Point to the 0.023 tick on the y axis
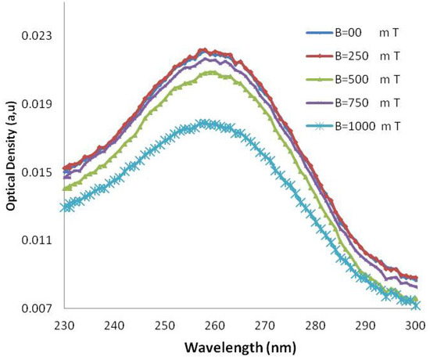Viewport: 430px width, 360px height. point(37,36)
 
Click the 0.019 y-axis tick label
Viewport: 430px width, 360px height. point(37,104)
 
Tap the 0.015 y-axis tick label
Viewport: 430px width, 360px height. point(37,172)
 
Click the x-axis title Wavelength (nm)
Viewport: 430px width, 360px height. point(241,345)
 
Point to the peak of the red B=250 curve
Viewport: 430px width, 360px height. point(202,49)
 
